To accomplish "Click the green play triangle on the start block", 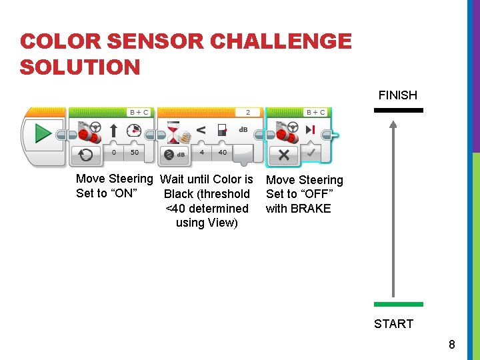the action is coord(43,133).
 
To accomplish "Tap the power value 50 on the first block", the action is coord(135,152).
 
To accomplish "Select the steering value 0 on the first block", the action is coord(114,152).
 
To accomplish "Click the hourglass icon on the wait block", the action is coord(173,132).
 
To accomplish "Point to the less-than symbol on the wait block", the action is coord(201,131).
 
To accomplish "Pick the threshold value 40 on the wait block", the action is coord(222,152).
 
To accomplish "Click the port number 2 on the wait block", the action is coord(248,113).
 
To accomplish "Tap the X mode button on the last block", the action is coord(284,155).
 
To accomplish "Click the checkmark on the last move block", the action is coord(311,153).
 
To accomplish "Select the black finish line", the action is coord(399,110).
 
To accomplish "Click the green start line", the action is coord(399,304).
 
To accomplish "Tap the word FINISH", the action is coord(397,95).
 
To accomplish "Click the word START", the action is coord(394,324).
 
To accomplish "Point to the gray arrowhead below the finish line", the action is coord(393,125).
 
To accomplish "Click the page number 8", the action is coord(452,345).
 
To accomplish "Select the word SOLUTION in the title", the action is coord(80,67).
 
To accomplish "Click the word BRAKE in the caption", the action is coord(311,209).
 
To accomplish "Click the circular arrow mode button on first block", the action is coord(86,155).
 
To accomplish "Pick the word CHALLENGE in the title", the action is coord(281,41).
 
